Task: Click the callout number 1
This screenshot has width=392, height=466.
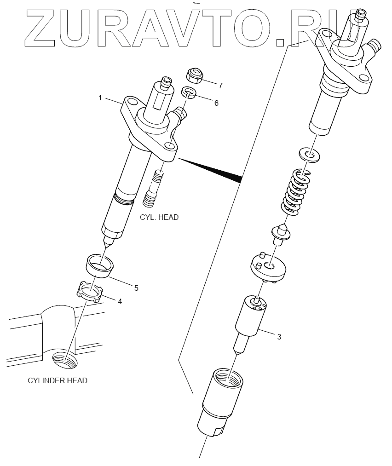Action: pyautogui.click(x=99, y=98)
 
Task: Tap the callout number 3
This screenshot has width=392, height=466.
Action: pyautogui.click(x=279, y=337)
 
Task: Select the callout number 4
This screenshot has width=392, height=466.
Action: pyautogui.click(x=120, y=302)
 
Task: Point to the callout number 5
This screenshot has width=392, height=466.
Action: pyautogui.click(x=136, y=288)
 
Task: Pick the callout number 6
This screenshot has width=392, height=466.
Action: pyautogui.click(x=216, y=103)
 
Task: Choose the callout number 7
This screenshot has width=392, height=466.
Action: pyautogui.click(x=220, y=86)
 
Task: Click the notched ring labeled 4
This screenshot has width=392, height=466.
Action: pyautogui.click(x=89, y=292)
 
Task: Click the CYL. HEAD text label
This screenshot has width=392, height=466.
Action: pyautogui.click(x=159, y=217)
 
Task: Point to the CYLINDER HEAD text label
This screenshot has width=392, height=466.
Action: pyautogui.click(x=57, y=380)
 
